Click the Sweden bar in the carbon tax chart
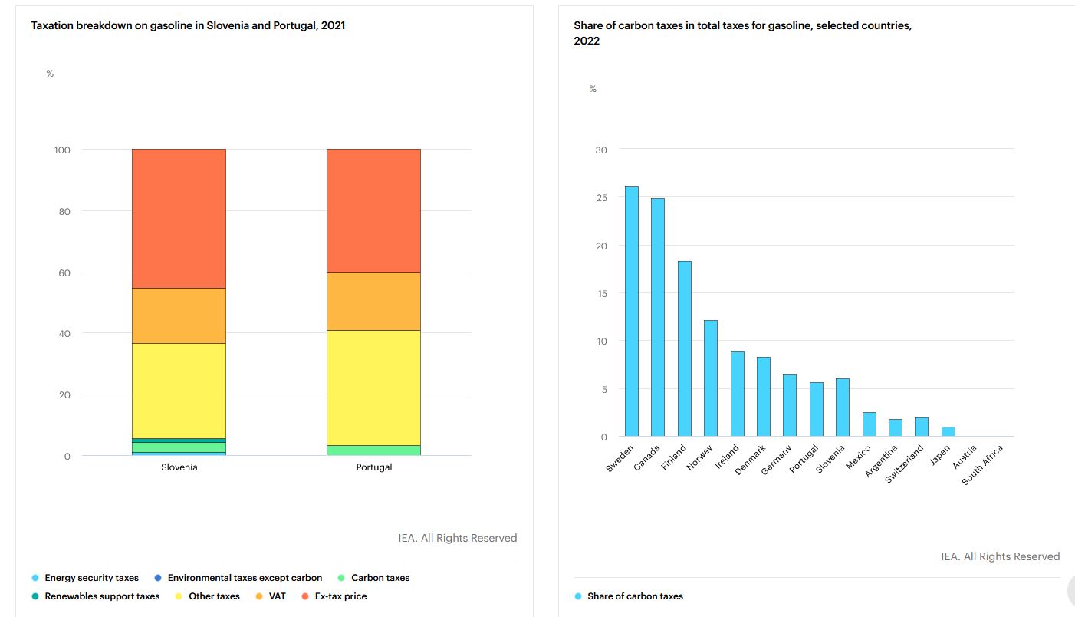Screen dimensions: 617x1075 [x=631, y=312]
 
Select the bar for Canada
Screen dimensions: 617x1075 [x=657, y=317]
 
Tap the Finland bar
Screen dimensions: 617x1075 [x=684, y=348]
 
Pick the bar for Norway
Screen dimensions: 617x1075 [x=711, y=378]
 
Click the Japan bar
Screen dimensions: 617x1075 [x=947, y=431]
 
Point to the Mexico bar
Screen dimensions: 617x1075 [x=869, y=424]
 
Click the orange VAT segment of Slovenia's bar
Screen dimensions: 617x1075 [x=179, y=315]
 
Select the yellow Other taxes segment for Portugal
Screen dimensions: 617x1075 [x=373, y=388]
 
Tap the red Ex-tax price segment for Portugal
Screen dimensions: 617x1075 [x=373, y=211]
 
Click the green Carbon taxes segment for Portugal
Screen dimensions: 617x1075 [x=373, y=450]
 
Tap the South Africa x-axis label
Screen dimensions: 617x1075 [x=983, y=465]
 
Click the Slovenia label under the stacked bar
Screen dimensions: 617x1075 [x=179, y=467]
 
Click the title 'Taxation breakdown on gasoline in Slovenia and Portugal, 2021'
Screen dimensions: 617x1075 [x=188, y=25]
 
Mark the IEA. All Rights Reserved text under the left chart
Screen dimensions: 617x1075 [x=457, y=538]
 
